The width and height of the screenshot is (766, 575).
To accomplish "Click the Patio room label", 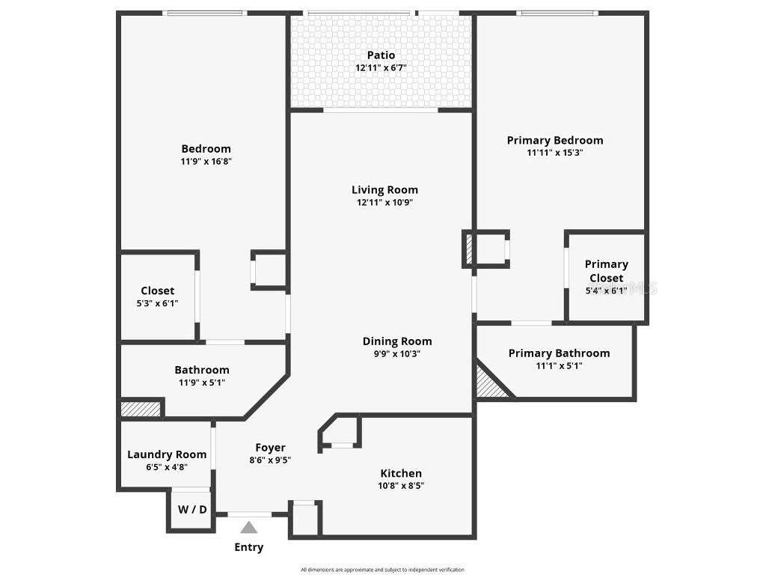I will pyautogui.click(x=381, y=55).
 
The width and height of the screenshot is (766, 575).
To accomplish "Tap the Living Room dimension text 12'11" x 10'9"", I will pyautogui.click(x=384, y=202).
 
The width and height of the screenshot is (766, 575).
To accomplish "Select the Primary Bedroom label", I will pyautogui.click(x=554, y=140).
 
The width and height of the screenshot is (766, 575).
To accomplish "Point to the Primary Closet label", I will pyautogui.click(x=606, y=271).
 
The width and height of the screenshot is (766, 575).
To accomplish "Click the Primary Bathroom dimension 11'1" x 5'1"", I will pyautogui.click(x=559, y=366).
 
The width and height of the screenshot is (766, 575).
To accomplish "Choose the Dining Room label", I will pyautogui.click(x=397, y=341).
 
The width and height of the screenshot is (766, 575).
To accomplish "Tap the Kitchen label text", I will pyautogui.click(x=401, y=473).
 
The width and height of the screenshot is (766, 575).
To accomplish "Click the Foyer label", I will pyautogui.click(x=270, y=448).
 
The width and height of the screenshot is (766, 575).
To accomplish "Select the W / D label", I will pyautogui.click(x=192, y=509).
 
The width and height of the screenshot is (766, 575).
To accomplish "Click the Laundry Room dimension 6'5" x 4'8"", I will pyautogui.click(x=166, y=466).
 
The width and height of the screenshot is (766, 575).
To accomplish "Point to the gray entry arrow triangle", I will pyautogui.click(x=249, y=527).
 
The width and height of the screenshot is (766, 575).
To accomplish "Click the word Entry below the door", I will pyautogui.click(x=249, y=547).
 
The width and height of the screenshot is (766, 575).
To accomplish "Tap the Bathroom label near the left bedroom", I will pyautogui.click(x=201, y=370).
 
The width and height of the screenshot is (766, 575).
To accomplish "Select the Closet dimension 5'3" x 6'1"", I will pyautogui.click(x=157, y=303).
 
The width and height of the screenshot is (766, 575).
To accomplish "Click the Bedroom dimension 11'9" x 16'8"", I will pyautogui.click(x=206, y=161).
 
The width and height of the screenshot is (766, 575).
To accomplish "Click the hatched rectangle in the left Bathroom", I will pyautogui.click(x=141, y=409).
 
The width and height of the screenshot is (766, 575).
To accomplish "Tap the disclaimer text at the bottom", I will pyautogui.click(x=382, y=570).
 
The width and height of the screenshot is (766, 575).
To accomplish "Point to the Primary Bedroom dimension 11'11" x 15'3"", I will pyautogui.click(x=554, y=153).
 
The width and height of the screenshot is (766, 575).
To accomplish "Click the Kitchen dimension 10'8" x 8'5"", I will pyautogui.click(x=401, y=486).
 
